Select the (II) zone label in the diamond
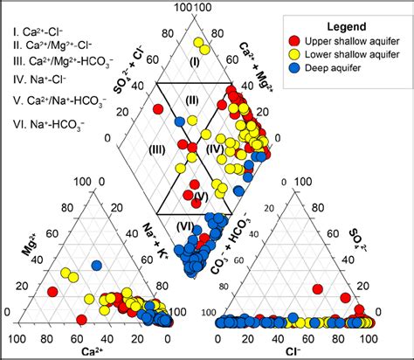tap(192, 100)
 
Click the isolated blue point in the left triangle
tap(97, 265)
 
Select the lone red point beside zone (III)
tap(158, 109)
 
